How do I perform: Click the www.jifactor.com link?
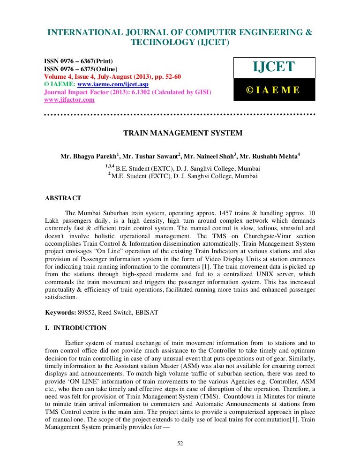69,100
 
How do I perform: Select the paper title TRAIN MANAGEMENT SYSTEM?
183,133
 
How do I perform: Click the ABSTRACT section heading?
63,198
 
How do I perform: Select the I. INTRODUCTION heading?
75,328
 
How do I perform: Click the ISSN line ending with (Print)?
78,61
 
